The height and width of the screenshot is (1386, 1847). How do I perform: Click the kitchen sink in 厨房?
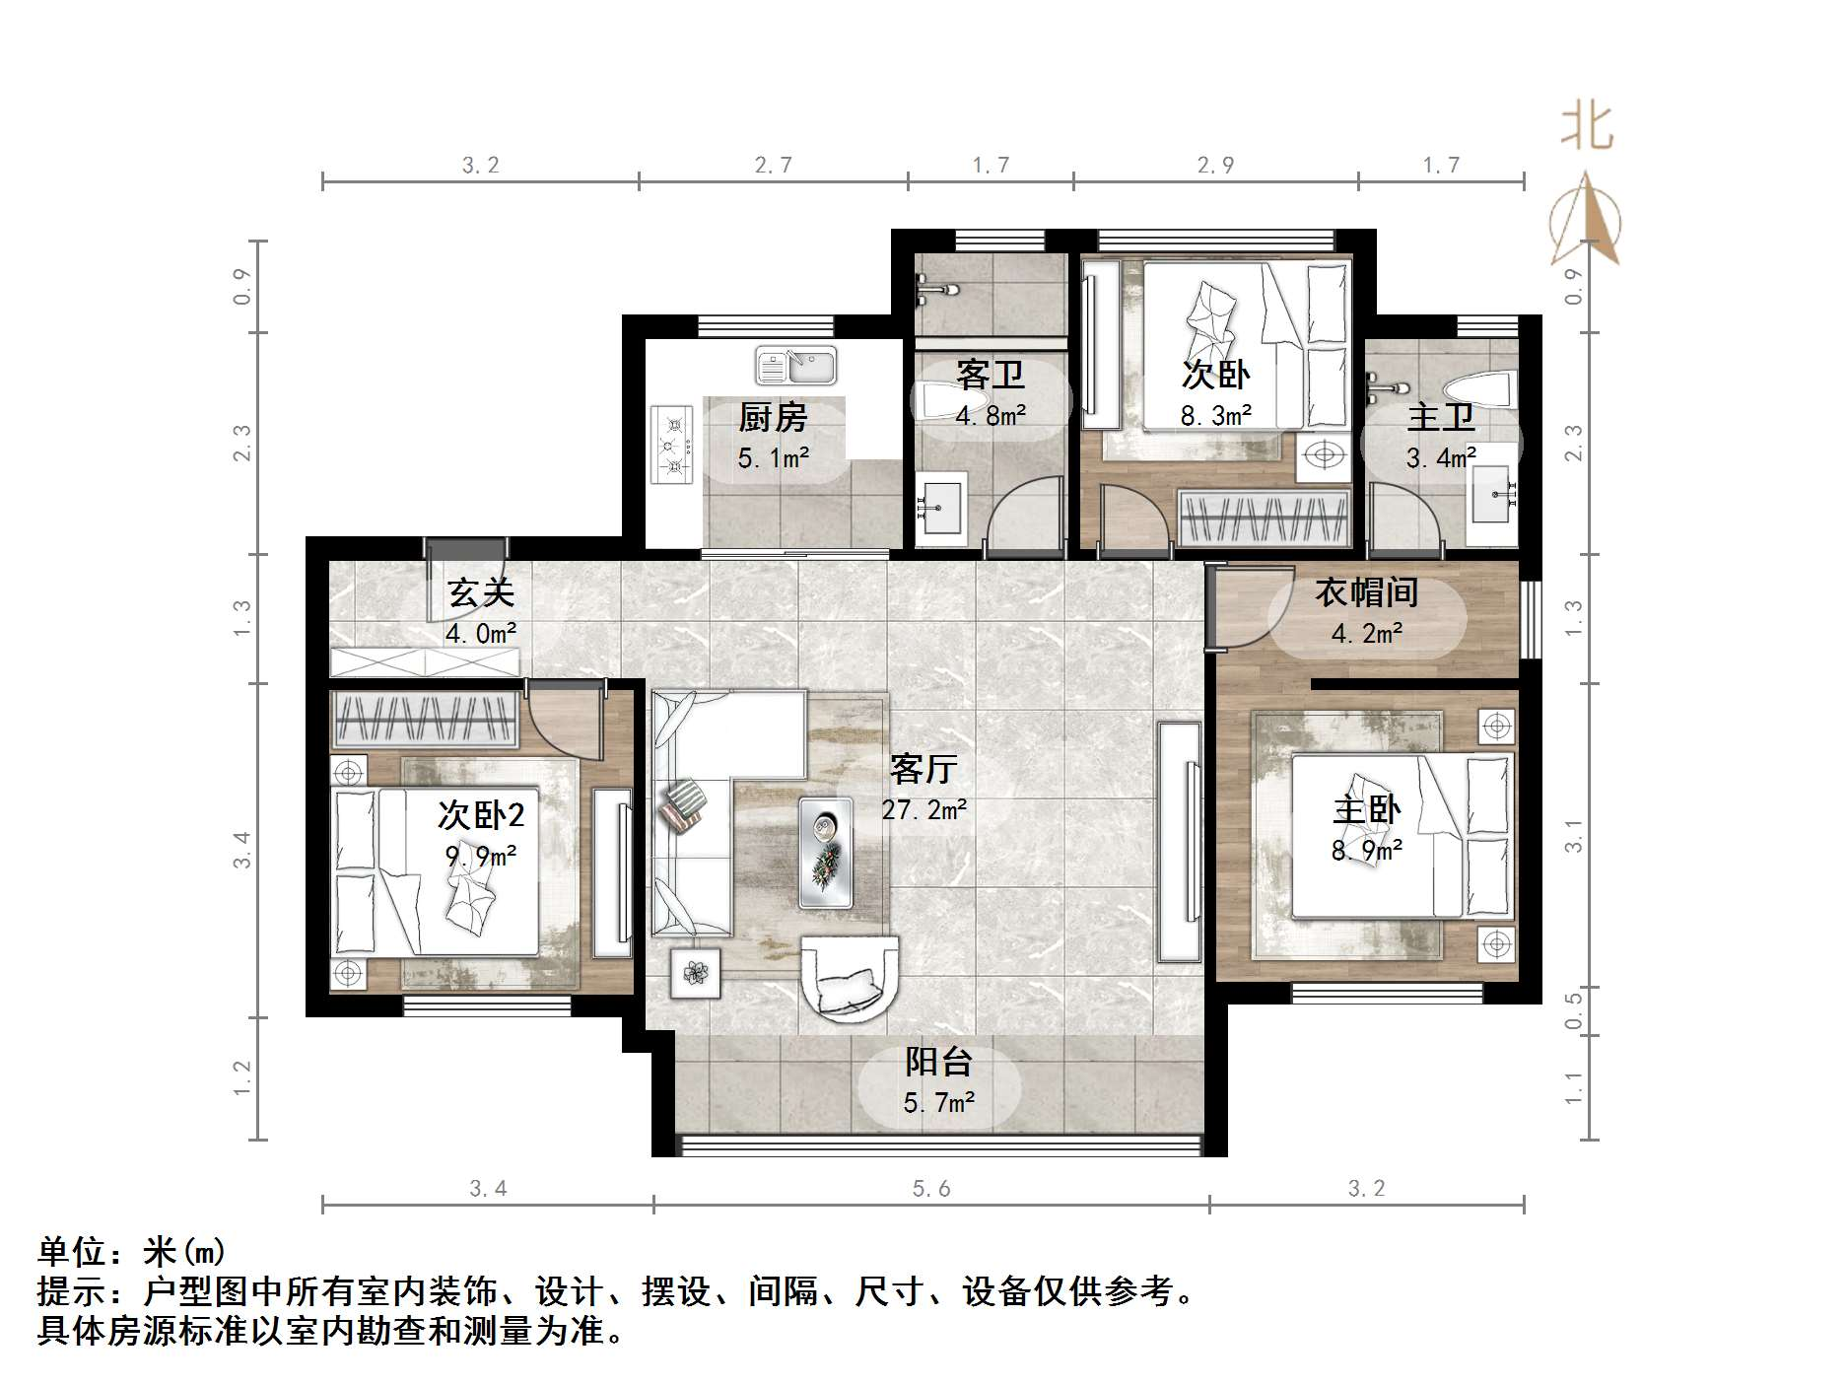click(795, 367)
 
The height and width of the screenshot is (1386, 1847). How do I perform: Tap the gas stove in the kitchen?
click(674, 445)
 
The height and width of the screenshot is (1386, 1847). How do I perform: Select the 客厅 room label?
click(923, 768)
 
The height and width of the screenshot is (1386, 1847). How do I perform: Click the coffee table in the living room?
click(826, 852)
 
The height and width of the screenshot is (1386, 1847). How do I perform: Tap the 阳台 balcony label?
click(938, 1062)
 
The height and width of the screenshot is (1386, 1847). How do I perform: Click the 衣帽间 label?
click(1366, 592)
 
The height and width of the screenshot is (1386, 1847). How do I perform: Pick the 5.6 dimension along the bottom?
click(930, 1189)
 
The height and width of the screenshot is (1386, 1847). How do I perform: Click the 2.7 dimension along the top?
click(773, 166)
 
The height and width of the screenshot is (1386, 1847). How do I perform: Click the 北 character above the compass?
click(1586, 128)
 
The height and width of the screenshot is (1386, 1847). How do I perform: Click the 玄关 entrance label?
click(480, 592)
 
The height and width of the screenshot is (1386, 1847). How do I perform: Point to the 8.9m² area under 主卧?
click(1366, 851)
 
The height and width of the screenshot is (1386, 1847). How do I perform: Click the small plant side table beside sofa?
click(696, 973)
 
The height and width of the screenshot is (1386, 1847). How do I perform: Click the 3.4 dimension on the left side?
click(242, 850)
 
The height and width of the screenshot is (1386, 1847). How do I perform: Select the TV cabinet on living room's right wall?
click(1179, 842)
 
